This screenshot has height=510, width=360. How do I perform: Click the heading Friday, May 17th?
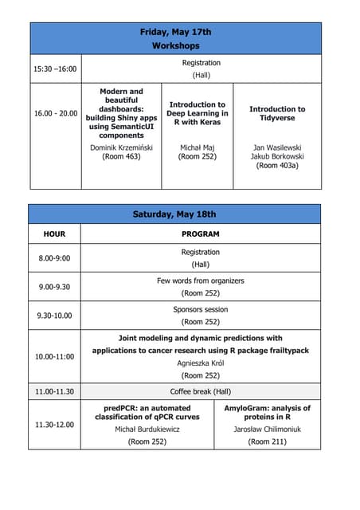[175, 32]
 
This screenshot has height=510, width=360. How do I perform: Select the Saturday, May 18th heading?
[174, 214]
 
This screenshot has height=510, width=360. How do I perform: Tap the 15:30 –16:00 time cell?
[55, 69]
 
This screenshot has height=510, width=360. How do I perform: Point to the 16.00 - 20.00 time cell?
[56, 114]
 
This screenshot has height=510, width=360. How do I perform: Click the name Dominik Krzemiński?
[121, 147]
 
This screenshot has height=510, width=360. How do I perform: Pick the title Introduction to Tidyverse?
[277, 114]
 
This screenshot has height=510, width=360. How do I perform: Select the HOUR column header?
[55, 234]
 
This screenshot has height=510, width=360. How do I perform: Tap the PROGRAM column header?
[201, 234]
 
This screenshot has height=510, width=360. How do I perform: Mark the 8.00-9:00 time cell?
[55, 258]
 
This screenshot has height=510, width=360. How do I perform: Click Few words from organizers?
[201, 280]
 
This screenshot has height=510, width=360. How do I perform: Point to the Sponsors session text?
[201, 309]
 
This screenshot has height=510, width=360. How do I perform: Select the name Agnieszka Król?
[201, 363]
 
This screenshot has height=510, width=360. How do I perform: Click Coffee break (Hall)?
[201, 391]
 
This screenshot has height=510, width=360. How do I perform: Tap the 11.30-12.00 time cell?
[55, 424]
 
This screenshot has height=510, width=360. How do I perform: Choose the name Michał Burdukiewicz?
[147, 429]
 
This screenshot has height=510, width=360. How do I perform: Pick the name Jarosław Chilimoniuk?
[268, 429]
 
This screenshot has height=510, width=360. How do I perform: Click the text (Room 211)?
[268, 441]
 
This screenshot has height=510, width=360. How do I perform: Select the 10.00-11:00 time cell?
[55, 356]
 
